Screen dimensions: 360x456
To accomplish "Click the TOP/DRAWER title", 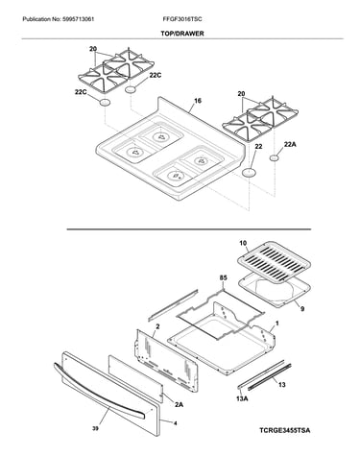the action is point(182,34).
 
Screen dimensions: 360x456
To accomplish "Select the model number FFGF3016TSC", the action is point(182,19).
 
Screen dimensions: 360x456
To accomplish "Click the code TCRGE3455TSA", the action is point(284,430).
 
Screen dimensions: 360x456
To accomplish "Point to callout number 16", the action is point(198,101).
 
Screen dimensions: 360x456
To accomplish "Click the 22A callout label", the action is point(290,145).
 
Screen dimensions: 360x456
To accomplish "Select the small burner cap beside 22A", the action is point(274,157).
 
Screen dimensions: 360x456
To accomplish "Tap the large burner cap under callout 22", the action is point(250,173).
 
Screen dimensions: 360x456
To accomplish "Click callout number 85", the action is point(223,277).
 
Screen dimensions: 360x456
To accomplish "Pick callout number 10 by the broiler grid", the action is point(243,244).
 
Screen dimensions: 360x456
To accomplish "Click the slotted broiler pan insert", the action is point(274,263).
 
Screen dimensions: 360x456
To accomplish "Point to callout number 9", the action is point(302,309).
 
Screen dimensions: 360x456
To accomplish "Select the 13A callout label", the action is point(242,398).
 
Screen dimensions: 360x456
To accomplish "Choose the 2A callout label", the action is point(179,405).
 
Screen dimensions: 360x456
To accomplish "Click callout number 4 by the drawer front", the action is point(175,423).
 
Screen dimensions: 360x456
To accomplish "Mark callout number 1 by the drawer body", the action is point(277,324).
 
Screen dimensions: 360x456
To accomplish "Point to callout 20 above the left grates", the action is point(93,49).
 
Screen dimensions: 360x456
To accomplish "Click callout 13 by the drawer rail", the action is point(282,385).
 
